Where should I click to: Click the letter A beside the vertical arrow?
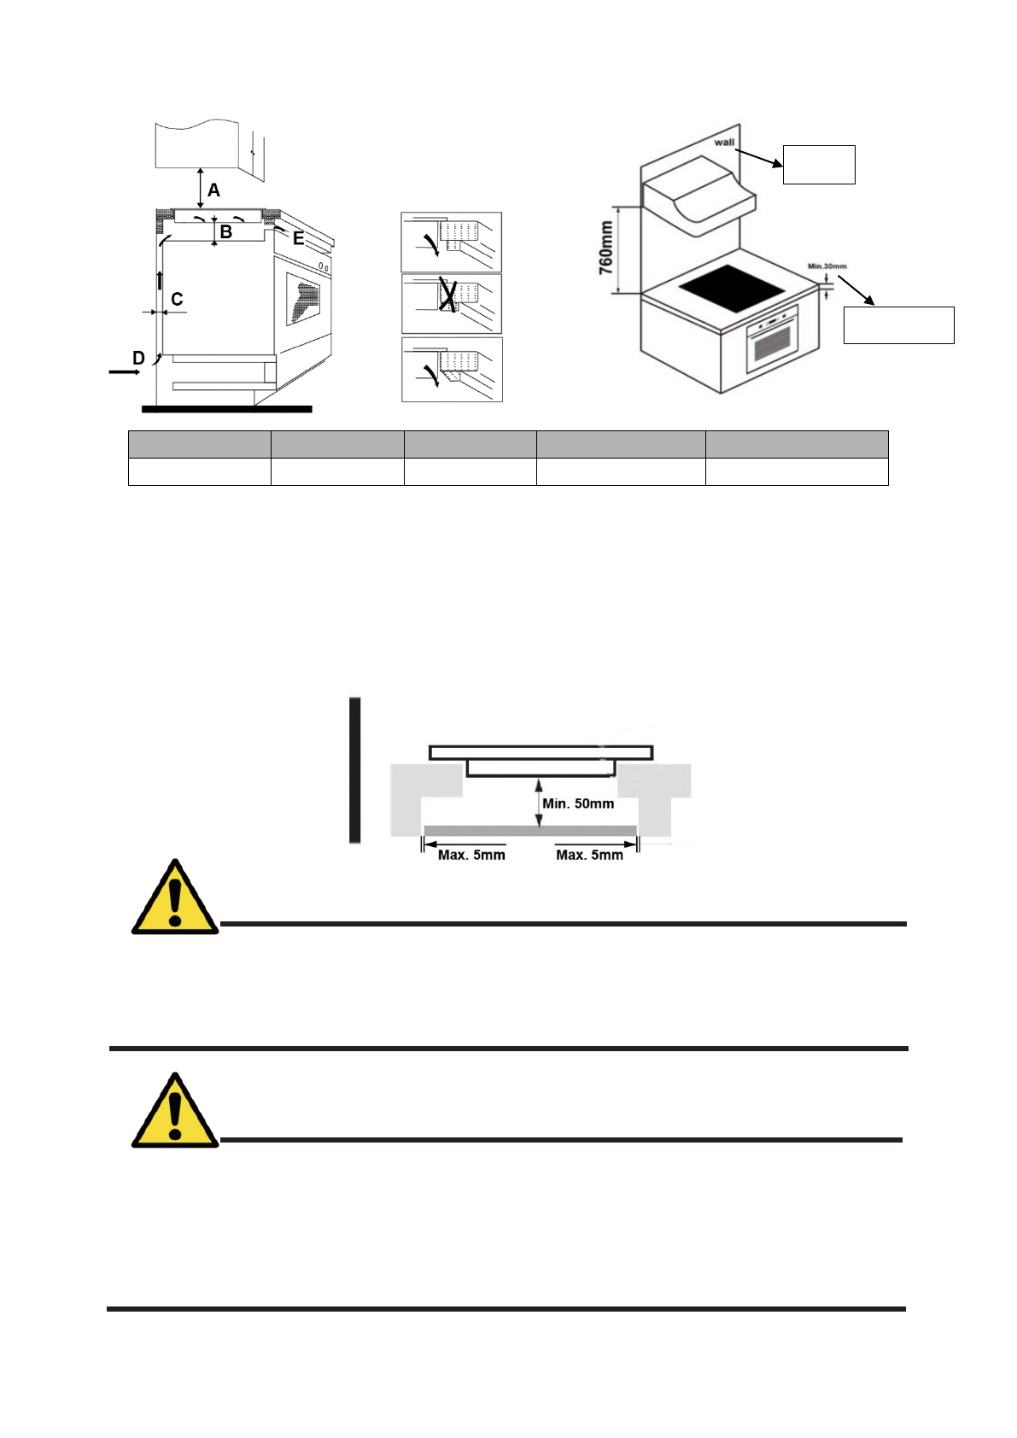pyautogui.click(x=213, y=190)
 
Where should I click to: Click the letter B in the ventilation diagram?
pyautogui.click(x=226, y=231)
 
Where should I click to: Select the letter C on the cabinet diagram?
pyautogui.click(x=177, y=300)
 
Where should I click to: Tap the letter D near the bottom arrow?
pyautogui.click(x=138, y=359)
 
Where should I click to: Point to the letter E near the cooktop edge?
pyautogui.click(x=298, y=239)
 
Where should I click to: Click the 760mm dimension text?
pyautogui.click(x=605, y=248)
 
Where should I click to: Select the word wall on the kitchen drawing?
pyautogui.click(x=724, y=142)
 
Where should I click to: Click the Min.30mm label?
pyautogui.click(x=827, y=266)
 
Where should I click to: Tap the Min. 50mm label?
pyautogui.click(x=578, y=804)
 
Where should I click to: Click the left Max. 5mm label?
pyautogui.click(x=471, y=855)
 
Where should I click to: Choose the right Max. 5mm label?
pyautogui.click(x=589, y=855)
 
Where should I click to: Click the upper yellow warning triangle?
pyautogui.click(x=174, y=898)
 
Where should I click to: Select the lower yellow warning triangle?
pyautogui.click(x=174, y=1112)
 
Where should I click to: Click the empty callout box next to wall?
pyautogui.click(x=819, y=164)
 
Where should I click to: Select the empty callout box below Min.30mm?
pyautogui.click(x=898, y=324)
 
